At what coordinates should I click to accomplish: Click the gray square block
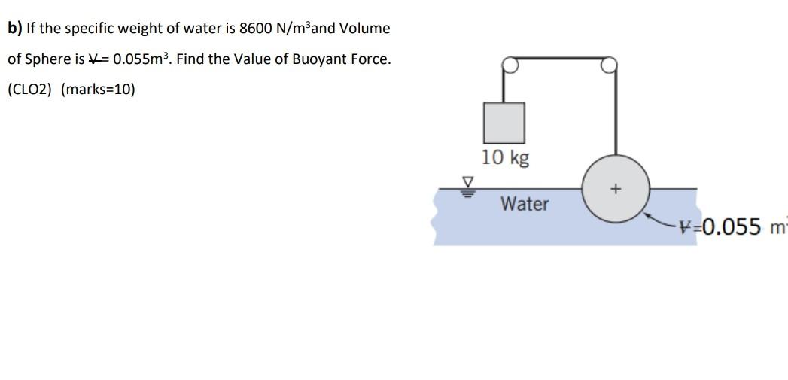[504, 122]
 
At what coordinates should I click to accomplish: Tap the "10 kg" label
[505, 157]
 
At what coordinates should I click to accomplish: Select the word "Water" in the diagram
[525, 204]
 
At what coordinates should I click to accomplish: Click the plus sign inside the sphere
[616, 188]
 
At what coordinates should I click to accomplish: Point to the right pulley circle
[609, 65]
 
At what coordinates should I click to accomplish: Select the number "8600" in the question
[257, 29]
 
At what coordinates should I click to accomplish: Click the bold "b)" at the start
[15, 29]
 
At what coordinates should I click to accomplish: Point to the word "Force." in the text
[368, 59]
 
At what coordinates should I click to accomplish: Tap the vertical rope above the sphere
[616, 113]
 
